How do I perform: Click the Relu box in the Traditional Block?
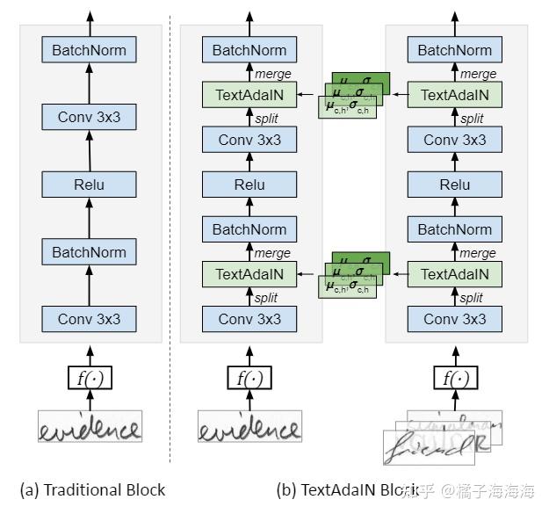[x=89, y=185]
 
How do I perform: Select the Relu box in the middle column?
[x=249, y=185]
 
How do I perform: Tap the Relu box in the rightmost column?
[x=455, y=185]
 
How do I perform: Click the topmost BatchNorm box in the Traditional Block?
[x=89, y=50]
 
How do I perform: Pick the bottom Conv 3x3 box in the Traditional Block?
[x=89, y=319]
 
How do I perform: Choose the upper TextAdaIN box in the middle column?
[x=249, y=95]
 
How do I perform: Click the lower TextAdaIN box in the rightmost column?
[x=455, y=274]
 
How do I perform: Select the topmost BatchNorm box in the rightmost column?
[x=455, y=50]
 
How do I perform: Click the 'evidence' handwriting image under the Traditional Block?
[x=89, y=427]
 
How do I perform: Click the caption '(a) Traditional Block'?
[x=92, y=489]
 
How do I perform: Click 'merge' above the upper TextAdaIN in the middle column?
[x=272, y=74]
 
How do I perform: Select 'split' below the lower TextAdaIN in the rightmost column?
[x=472, y=298]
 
